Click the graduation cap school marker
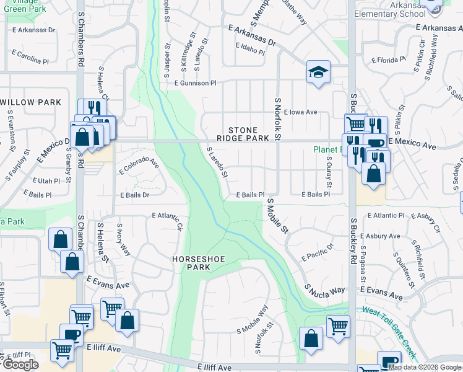click(318, 72)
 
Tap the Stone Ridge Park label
click(243, 135)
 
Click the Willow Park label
click(30, 102)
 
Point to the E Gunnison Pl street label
click(196, 82)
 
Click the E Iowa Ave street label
click(300, 112)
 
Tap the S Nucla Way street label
click(324, 289)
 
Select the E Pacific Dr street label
click(318, 251)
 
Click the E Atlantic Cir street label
click(167, 219)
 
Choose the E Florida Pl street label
click(388, 60)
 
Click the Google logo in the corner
click(20, 365)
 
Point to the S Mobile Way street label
click(252, 319)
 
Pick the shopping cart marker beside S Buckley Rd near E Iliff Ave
click(338, 326)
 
